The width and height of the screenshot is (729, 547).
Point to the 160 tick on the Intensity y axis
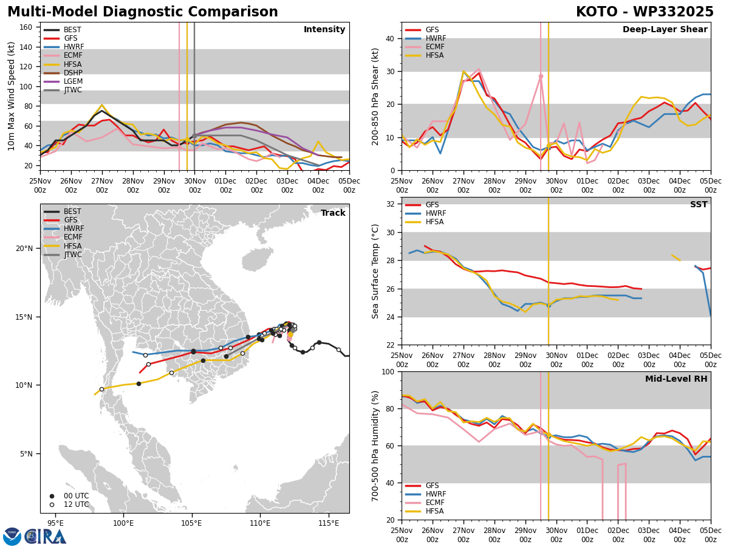pos(26,27)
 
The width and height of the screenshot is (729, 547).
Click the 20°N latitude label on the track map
pos(24,249)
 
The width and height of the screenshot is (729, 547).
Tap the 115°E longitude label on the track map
pos(329,523)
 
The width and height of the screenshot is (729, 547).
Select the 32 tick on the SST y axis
pos(391,204)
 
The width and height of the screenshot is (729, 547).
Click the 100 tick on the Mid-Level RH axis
pos(389,371)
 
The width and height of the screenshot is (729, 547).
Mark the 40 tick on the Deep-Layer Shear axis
pos(390,39)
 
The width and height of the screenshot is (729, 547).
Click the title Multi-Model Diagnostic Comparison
pos(143,12)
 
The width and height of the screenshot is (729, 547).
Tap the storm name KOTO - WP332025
pos(645,12)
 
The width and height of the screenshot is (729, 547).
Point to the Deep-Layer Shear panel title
pos(665,30)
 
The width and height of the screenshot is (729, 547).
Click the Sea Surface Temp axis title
pos(375,271)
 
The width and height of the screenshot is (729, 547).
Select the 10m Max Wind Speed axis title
pos(11,96)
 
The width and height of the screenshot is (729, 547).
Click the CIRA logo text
pos(46,537)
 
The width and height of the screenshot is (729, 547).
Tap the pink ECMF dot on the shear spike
pos(541,77)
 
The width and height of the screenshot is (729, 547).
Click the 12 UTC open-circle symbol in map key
pos(52,505)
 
